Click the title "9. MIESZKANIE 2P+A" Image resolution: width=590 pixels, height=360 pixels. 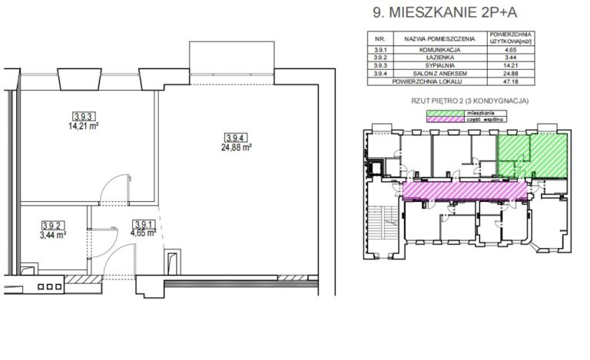tap(445, 12)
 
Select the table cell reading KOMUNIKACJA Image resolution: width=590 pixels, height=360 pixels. tap(440, 50)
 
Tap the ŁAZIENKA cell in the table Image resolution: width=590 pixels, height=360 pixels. tap(440, 58)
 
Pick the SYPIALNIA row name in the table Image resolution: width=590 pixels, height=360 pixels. tap(440, 65)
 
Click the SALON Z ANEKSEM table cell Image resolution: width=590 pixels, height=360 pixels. tap(440, 73)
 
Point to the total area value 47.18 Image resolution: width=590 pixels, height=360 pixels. tap(511, 81)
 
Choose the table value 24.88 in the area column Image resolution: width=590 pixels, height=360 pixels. tap(511, 73)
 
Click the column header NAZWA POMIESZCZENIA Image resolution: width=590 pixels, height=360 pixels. tap(440, 38)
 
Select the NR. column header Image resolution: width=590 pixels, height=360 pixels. tap(380, 38)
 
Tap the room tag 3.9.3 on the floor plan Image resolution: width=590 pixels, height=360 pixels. tap(83, 116)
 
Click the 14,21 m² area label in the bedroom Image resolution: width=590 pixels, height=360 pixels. tap(83, 126)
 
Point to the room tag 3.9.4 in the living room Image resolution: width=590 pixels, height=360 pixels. tap(237, 137)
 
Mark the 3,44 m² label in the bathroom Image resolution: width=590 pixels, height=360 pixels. tap(53, 235)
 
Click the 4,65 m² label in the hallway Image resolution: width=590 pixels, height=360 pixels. tap(144, 233)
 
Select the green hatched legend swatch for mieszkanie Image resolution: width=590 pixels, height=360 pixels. tap(445, 113)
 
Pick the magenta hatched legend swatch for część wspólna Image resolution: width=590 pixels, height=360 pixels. tap(445, 120)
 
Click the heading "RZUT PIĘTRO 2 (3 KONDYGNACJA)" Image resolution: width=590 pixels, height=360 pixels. tap(470, 101)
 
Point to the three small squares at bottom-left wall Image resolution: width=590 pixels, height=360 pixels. tap(50, 287)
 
